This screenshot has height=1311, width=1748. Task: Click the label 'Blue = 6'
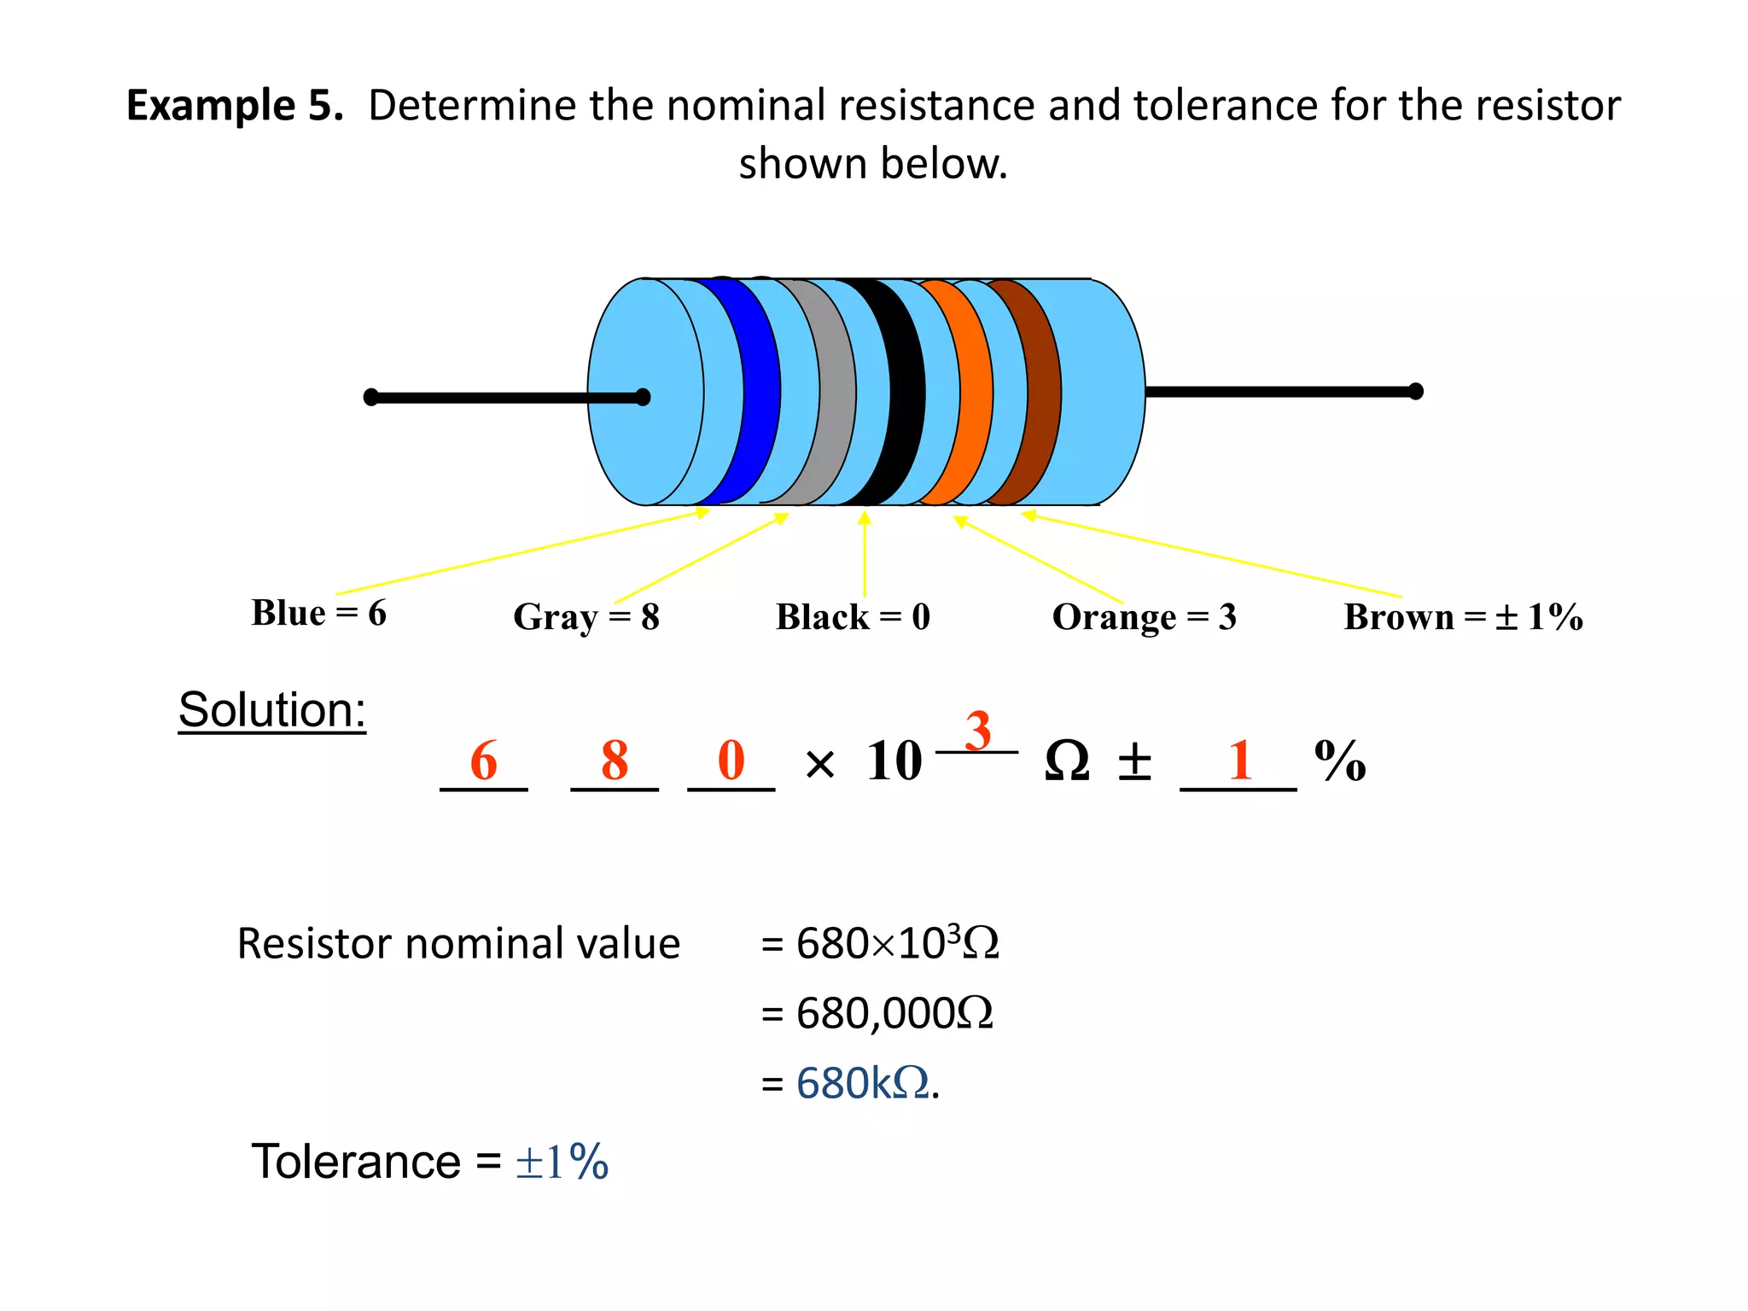point(318,613)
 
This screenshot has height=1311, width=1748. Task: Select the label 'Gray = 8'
point(586,617)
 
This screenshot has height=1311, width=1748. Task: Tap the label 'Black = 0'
point(853,617)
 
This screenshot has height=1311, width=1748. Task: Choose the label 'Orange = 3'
point(1144,617)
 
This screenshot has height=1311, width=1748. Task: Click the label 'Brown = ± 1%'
point(1463,617)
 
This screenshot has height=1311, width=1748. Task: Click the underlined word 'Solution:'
point(272,710)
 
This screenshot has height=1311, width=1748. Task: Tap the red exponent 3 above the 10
point(978,731)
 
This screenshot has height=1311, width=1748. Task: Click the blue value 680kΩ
point(862,1084)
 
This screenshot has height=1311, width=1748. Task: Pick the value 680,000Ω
point(894,1014)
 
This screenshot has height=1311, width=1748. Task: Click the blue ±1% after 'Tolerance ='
point(562,1162)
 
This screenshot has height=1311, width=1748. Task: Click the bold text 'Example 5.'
point(235,106)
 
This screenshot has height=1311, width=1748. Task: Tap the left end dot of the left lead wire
point(371,397)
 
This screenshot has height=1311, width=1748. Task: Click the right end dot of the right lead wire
point(1415,392)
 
